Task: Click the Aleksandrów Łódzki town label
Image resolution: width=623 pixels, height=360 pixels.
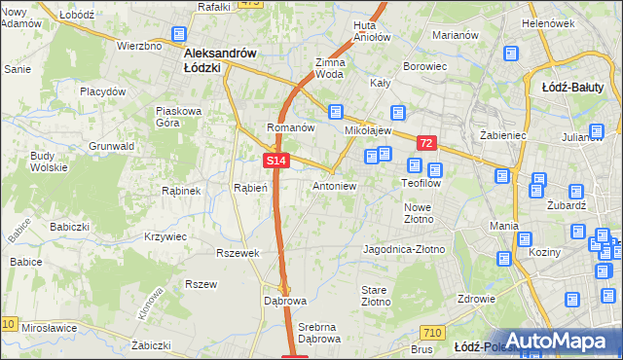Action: tap(216, 60)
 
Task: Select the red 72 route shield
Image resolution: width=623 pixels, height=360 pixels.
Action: tap(426, 143)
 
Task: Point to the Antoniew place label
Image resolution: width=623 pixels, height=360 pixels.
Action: tap(334, 185)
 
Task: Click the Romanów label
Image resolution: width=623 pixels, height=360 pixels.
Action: tap(290, 127)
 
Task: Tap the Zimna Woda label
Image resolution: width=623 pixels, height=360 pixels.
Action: tap(329, 67)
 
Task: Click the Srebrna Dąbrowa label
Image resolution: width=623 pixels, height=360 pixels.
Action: tap(320, 333)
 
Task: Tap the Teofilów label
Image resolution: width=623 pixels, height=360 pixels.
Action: tap(421, 182)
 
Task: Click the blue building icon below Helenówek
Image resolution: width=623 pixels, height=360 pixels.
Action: tap(511, 55)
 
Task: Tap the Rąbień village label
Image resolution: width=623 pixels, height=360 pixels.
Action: tap(250, 188)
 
